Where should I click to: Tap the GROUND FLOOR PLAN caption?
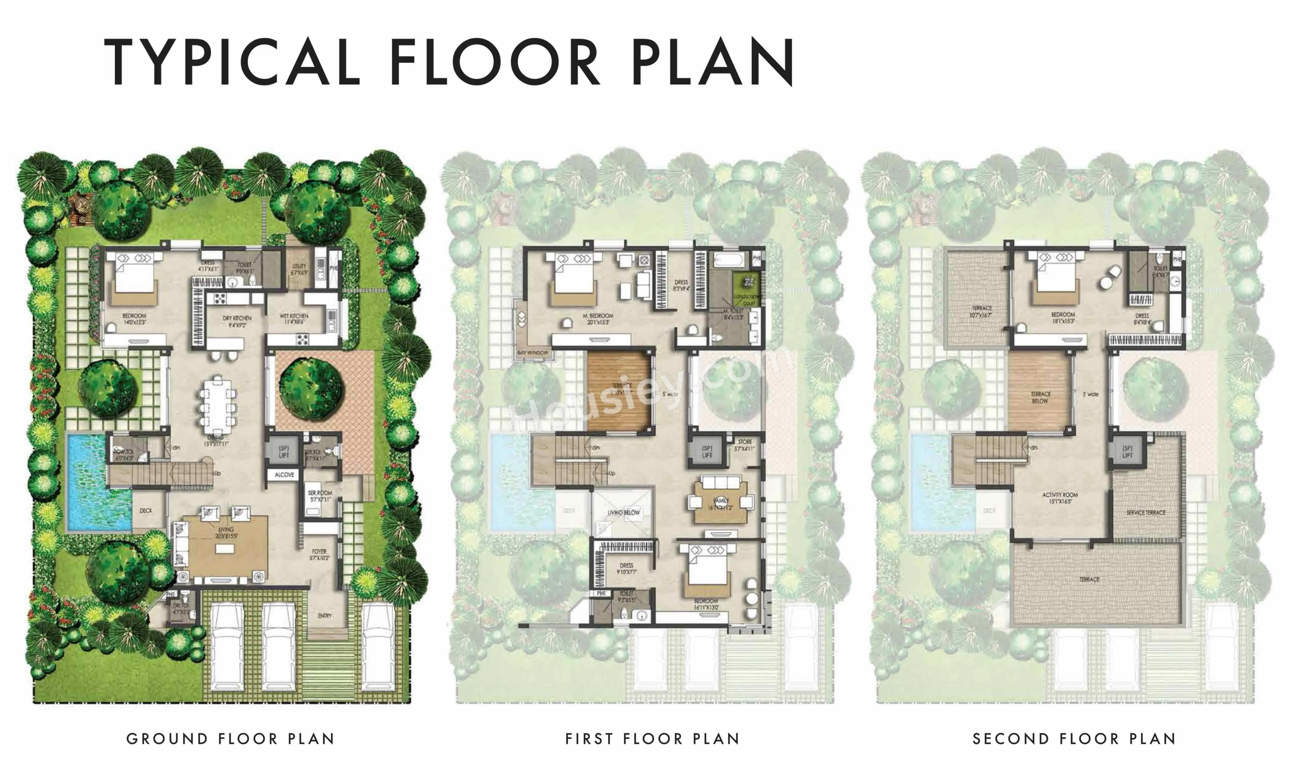pos(230,739)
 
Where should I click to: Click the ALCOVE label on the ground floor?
pos(284,475)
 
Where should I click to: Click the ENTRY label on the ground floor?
pos(325,616)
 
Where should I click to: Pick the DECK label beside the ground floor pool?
pos(146,511)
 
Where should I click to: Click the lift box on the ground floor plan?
pos(283,451)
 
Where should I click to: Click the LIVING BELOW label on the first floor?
pos(623,513)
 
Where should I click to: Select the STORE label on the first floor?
pos(745,442)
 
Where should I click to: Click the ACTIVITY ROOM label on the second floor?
pos(1060,495)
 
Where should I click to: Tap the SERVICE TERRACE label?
pos(1145,513)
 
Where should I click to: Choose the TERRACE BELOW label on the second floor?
pos(1040,397)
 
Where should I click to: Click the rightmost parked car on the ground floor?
pos(378,647)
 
